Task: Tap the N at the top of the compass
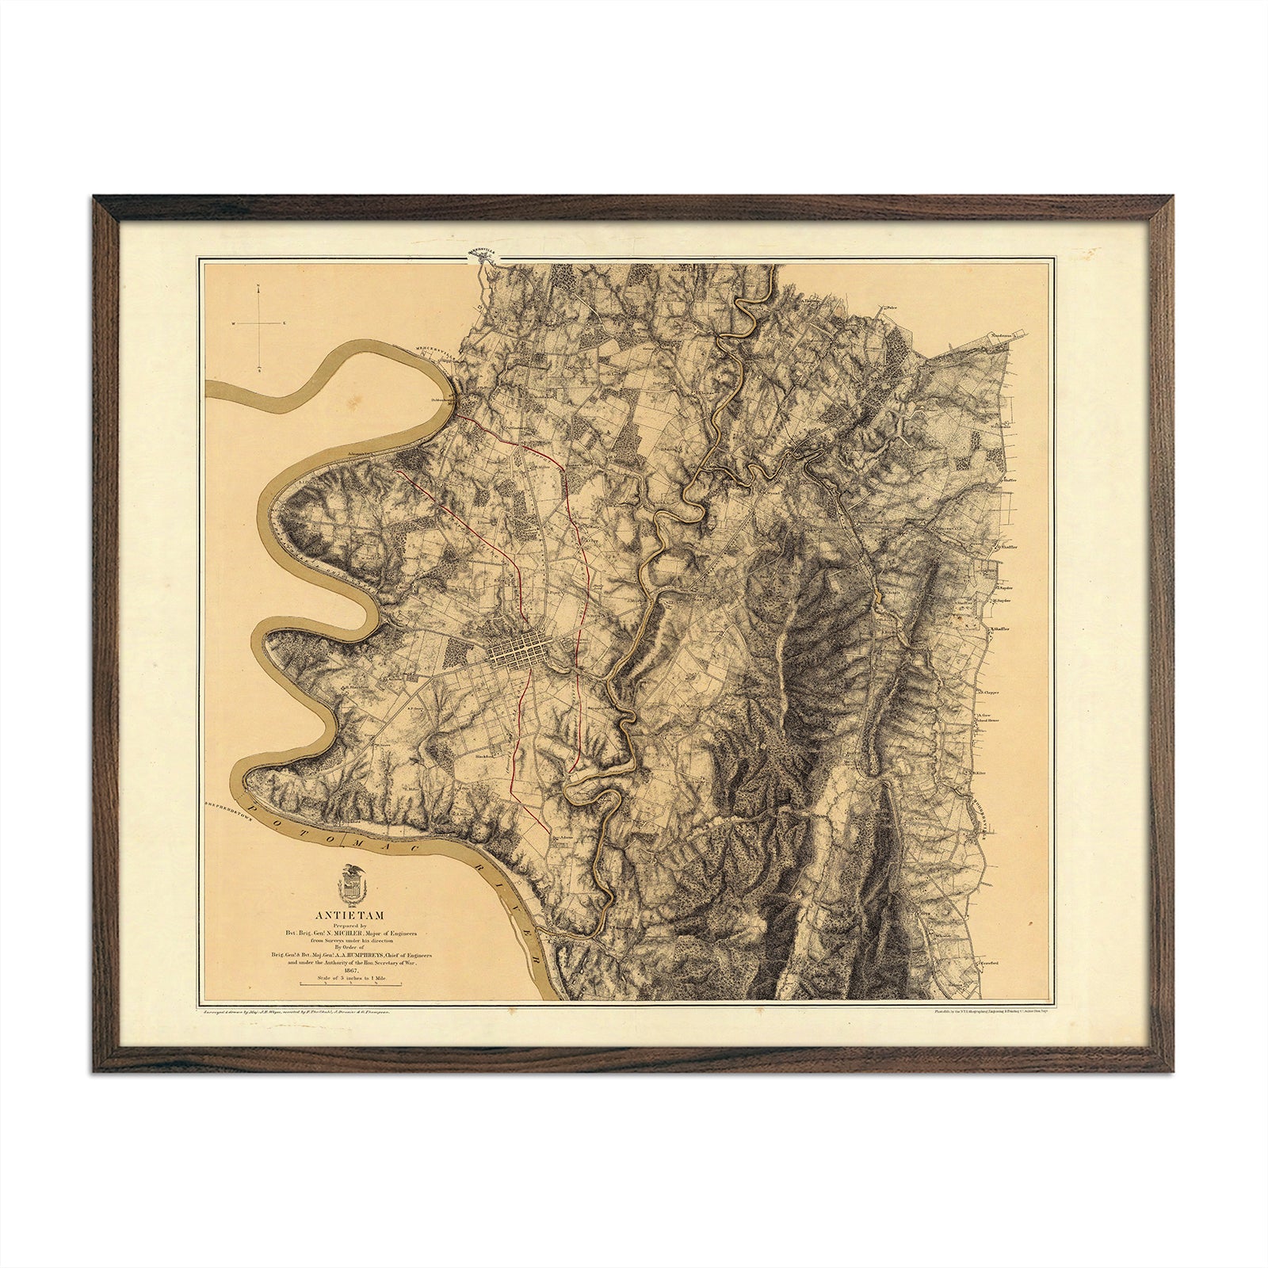(x=259, y=291)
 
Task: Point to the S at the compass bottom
(x=259, y=369)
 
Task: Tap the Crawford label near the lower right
(x=987, y=963)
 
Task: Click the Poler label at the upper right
(x=895, y=305)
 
